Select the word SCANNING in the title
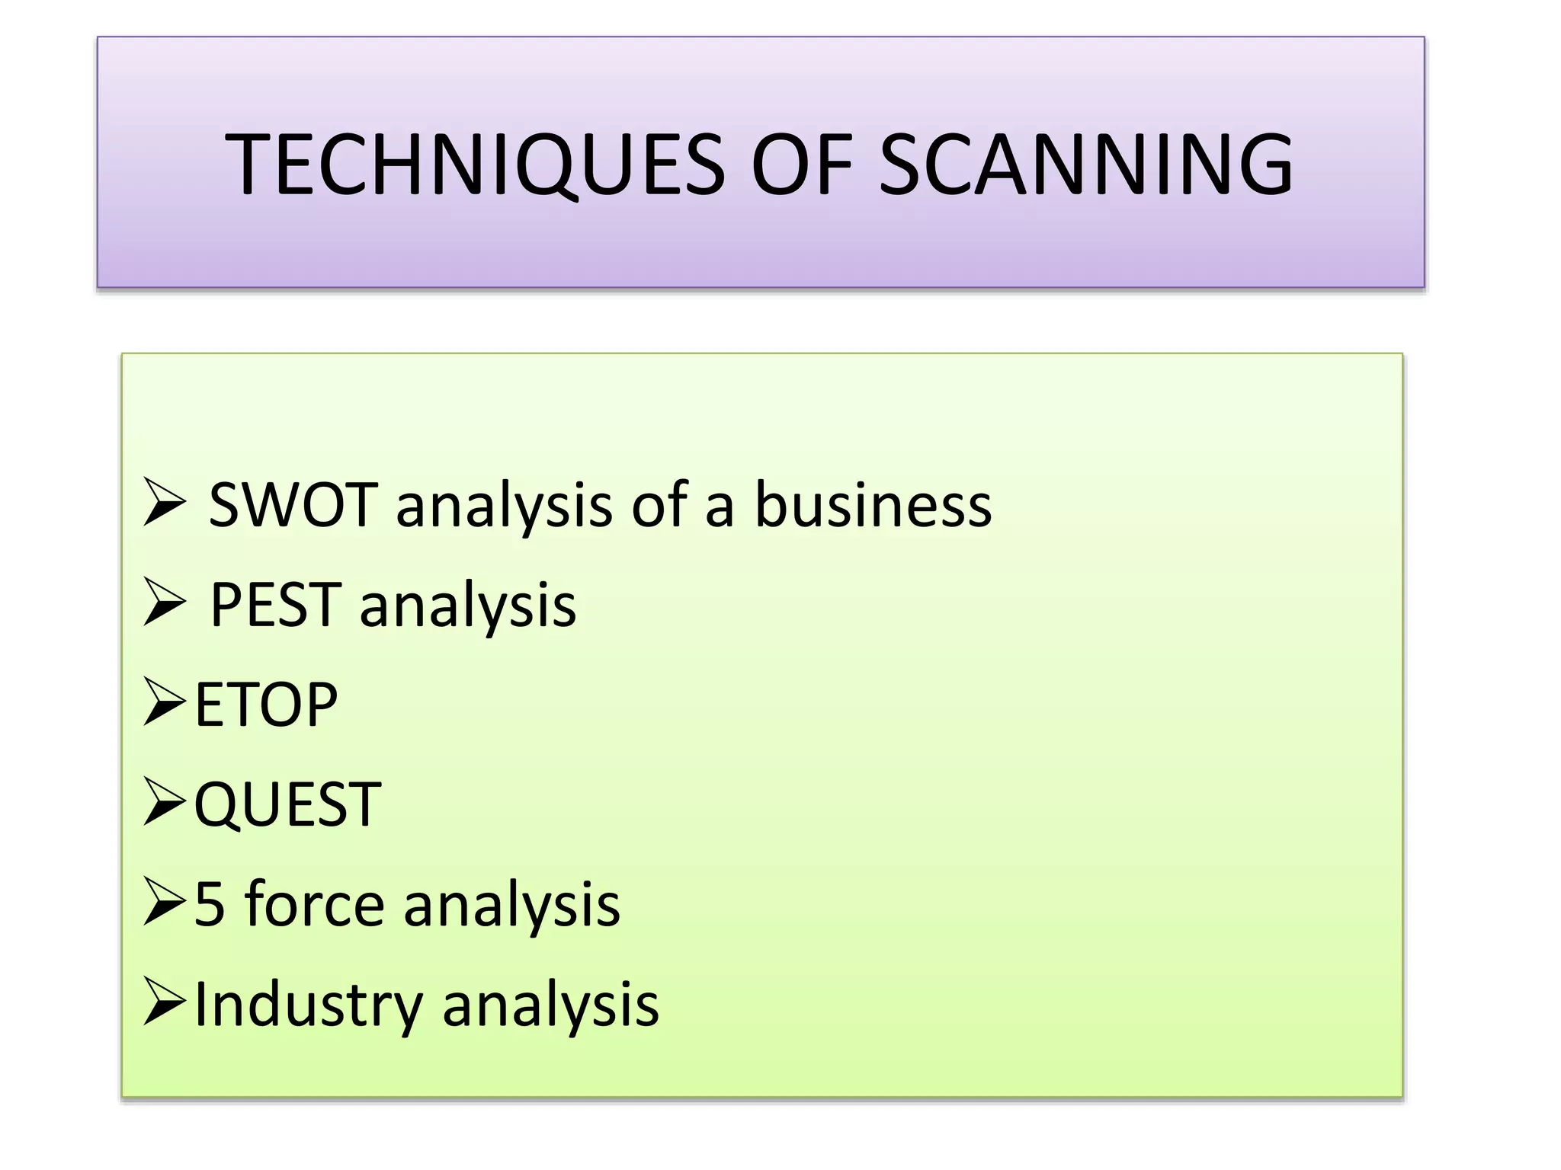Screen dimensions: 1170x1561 coord(1086,165)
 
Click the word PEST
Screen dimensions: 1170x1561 coord(275,605)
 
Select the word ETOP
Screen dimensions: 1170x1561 coord(266,705)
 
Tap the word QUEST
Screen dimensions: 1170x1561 coord(287,804)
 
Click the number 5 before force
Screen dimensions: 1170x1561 coord(210,904)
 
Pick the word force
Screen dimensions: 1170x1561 coord(314,904)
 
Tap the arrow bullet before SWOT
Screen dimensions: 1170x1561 coord(164,503)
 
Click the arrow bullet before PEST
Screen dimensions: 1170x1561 coord(164,603)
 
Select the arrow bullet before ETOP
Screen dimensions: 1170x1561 coord(164,702)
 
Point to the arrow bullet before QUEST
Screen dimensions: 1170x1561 coord(164,802)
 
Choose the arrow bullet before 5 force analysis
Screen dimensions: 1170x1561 coord(164,902)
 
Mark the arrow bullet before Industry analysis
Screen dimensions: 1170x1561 coord(164,1002)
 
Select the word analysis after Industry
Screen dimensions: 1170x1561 coord(550,1006)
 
